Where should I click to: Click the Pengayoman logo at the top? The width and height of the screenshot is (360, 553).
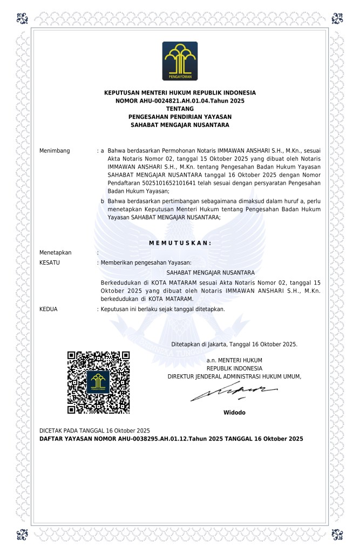[180, 61]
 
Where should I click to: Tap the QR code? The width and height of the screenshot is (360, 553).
[98, 382]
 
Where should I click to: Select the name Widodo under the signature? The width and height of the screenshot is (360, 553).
[234, 413]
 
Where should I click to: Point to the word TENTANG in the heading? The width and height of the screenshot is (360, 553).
[180, 109]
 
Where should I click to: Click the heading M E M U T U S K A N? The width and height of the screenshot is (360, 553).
[180, 242]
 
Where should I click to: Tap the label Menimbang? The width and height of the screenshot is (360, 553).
[55, 150]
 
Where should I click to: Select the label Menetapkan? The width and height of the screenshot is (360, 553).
[56, 252]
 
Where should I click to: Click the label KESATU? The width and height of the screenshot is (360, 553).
[50, 262]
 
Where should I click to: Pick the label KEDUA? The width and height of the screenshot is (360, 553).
[49, 309]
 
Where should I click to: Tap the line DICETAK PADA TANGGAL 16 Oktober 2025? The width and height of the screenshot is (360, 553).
[94, 430]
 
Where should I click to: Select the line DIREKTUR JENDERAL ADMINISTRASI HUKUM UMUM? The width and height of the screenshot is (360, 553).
[234, 376]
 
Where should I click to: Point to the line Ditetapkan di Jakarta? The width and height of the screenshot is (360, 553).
[234, 343]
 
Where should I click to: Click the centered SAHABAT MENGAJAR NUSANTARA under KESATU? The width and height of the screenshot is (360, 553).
[210, 272]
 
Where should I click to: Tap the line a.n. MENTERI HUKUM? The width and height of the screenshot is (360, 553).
[234, 360]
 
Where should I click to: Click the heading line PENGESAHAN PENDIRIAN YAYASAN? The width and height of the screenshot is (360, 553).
[180, 117]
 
